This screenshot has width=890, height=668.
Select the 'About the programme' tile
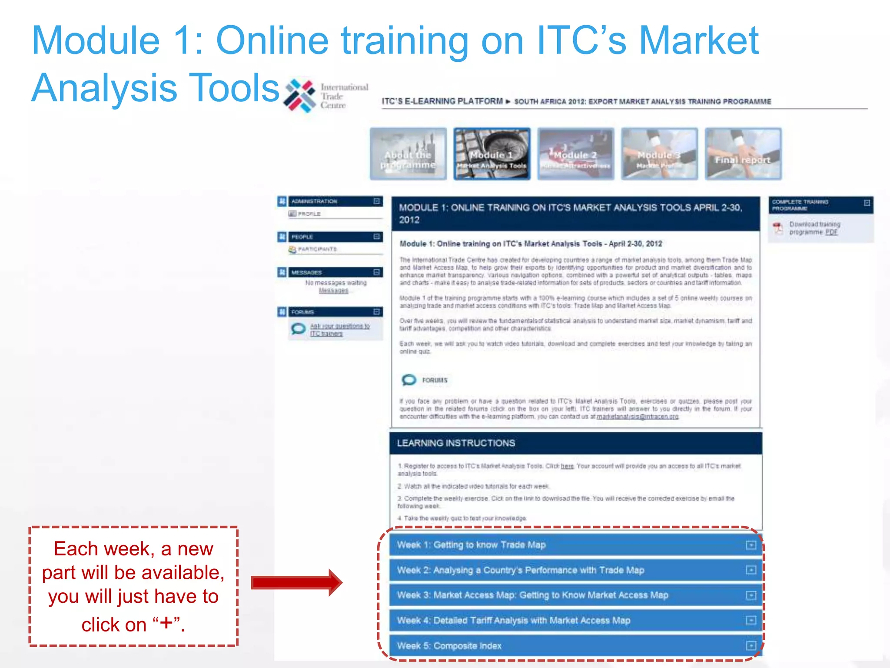(408, 154)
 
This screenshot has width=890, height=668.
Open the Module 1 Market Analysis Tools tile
(491, 154)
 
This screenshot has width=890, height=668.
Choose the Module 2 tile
(575, 154)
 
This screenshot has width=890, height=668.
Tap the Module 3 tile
(659, 154)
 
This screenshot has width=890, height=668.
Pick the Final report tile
(743, 154)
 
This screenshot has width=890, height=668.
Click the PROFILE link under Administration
(309, 214)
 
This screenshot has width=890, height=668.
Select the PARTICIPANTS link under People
(317, 249)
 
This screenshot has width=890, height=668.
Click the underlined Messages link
(333, 291)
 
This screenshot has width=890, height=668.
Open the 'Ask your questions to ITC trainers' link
(339, 330)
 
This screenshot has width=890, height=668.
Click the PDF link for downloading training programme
(831, 232)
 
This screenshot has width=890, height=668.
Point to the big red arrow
(296, 582)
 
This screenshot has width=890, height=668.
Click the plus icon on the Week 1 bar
(751, 545)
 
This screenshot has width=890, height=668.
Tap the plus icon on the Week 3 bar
(751, 595)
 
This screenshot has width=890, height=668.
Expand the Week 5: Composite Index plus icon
(751, 646)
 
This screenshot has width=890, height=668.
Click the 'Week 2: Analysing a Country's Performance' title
(520, 570)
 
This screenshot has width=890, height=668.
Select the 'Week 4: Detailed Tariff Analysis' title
(513, 621)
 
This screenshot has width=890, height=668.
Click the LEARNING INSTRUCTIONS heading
(456, 443)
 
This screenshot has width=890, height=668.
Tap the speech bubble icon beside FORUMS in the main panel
(408, 380)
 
